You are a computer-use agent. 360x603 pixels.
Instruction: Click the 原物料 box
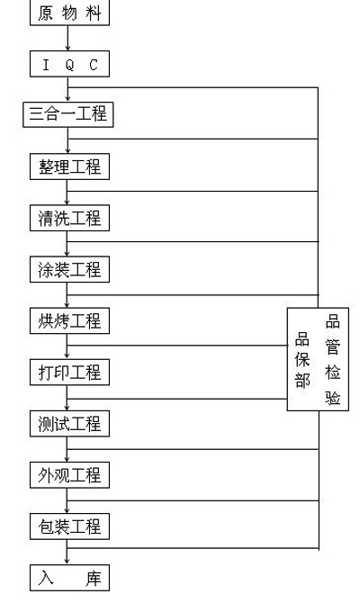[x=69, y=13]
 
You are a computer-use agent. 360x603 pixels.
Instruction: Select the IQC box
[x=69, y=64]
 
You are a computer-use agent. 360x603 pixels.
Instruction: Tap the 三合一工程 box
[x=68, y=114]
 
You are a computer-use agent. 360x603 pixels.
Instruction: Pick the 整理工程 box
[x=69, y=166]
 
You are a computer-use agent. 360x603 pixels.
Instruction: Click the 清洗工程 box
[x=69, y=218]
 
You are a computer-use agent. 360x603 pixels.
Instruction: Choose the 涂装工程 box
[x=69, y=269]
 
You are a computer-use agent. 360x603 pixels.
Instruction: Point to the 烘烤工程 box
[x=69, y=320]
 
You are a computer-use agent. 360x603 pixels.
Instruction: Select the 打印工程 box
[x=69, y=373]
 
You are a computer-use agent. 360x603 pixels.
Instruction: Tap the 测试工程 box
[x=69, y=423]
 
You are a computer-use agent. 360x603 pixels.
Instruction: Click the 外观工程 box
[x=69, y=475]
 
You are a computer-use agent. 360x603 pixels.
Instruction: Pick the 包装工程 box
[x=69, y=526]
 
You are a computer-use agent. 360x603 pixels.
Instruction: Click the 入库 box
[x=69, y=578]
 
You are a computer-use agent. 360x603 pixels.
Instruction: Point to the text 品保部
[x=302, y=360]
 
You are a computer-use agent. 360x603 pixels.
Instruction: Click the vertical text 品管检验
[x=333, y=359]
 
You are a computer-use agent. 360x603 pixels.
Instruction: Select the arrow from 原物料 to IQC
[x=67, y=38]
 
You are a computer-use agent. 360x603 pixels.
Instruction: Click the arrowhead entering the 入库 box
[x=67, y=562]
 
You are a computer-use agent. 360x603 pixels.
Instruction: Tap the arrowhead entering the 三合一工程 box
[x=67, y=99]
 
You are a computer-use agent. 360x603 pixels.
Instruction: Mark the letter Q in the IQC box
[x=69, y=65]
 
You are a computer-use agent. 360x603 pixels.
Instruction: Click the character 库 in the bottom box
[x=94, y=578]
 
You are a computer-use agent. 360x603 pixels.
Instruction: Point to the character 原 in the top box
[x=46, y=13]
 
